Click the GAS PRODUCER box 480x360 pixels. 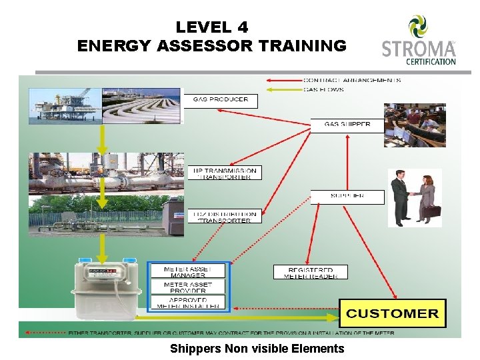click(x=221, y=100)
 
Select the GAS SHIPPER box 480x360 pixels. click(x=347, y=125)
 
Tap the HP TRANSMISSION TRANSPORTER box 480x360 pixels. click(x=224, y=173)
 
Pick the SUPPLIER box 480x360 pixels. click(x=347, y=197)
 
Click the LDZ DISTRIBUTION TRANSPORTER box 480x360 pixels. click(x=224, y=216)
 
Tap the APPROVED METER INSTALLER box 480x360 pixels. click(x=187, y=303)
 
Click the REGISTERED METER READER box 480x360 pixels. click(x=310, y=272)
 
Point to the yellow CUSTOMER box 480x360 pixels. click(x=393, y=313)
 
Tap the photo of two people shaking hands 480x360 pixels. click(x=414, y=197)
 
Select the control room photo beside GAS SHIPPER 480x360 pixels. click(x=418, y=125)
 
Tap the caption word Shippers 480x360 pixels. click(x=195, y=349)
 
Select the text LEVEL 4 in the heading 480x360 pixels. click(x=211, y=27)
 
